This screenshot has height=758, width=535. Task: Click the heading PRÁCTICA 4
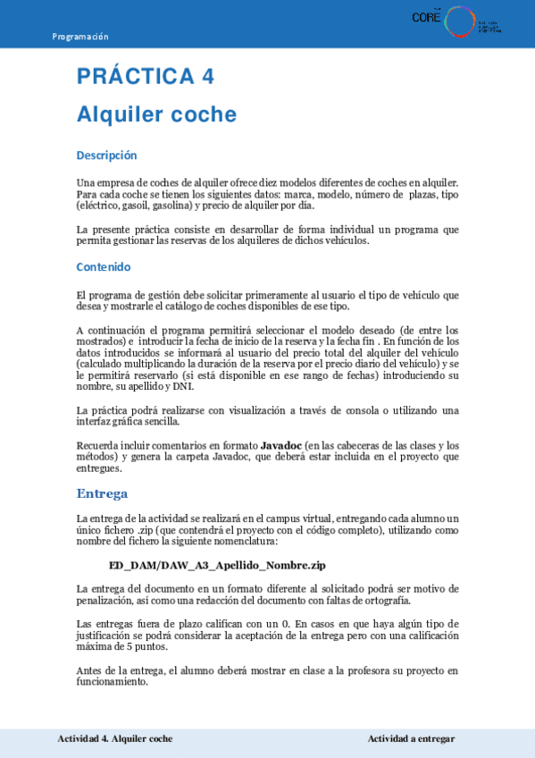coord(146,76)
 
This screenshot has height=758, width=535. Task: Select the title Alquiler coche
coord(156,114)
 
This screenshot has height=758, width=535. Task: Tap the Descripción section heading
coord(106,156)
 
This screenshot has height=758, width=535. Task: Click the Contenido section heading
coord(104,266)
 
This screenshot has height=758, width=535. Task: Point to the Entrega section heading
coord(102,493)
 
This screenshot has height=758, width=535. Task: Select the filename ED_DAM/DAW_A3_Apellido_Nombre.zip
coord(217,566)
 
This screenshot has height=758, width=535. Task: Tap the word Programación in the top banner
coord(80,37)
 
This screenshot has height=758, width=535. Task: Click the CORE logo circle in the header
coord(461,21)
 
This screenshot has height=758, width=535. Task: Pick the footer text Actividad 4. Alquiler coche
coord(114,739)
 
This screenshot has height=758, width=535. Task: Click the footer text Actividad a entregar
coord(411,739)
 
